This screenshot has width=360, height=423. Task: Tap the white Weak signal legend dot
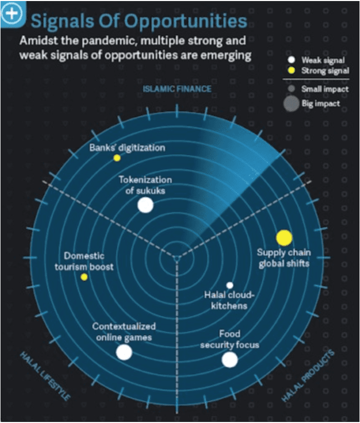pyautogui.click(x=291, y=61)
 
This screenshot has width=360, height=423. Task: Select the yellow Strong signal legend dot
pyautogui.click(x=291, y=70)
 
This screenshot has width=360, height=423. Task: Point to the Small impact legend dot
pyautogui.click(x=291, y=89)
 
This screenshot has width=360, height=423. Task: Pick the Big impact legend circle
pyautogui.click(x=291, y=104)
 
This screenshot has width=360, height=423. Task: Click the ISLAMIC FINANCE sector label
pyautogui.click(x=177, y=89)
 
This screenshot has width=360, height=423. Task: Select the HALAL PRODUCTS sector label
pyautogui.click(x=308, y=376)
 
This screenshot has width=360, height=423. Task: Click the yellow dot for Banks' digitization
pyautogui.click(x=117, y=158)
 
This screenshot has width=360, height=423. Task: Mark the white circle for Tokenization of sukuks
pyautogui.click(x=145, y=206)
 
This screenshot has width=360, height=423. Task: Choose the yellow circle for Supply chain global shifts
pyautogui.click(x=284, y=238)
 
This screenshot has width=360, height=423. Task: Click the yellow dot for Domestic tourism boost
pyautogui.click(x=84, y=277)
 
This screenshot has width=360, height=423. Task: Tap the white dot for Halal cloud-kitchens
pyautogui.click(x=230, y=285)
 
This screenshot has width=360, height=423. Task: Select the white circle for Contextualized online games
pyautogui.click(x=124, y=353)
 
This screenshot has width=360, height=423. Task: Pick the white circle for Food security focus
pyautogui.click(x=230, y=359)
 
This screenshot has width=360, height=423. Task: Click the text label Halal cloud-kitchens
pyautogui.click(x=229, y=300)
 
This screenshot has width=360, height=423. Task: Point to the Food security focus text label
pyautogui.click(x=230, y=339)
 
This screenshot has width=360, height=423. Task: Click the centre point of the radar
pyautogui.click(x=177, y=257)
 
